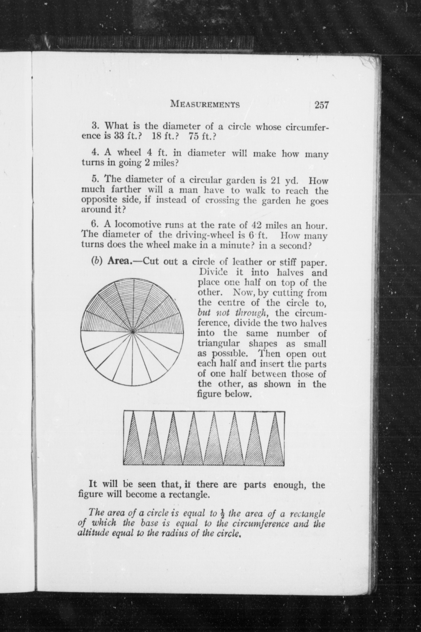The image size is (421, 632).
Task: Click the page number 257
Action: pyautogui.click(x=322, y=105)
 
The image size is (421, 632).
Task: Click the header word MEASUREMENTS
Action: pyautogui.click(x=205, y=104)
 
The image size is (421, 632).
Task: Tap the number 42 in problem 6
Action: pyautogui.click(x=257, y=225)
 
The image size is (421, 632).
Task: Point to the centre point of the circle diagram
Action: pyautogui.click(x=133, y=332)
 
